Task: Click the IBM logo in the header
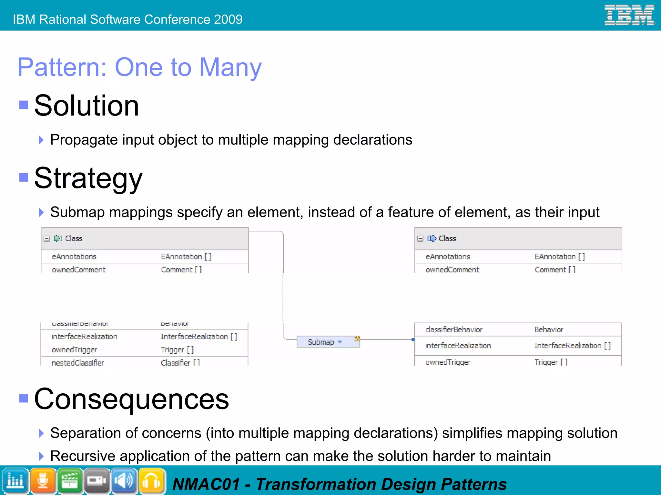pyautogui.click(x=629, y=15)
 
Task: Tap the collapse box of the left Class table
pyautogui.click(x=47, y=239)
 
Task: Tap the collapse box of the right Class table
pyautogui.click(x=420, y=239)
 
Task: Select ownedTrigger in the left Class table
pyautogui.click(x=75, y=350)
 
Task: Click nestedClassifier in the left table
pyautogui.click(x=78, y=363)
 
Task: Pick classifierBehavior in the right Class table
pyautogui.click(x=454, y=329)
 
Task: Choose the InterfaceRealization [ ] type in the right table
pyautogui.click(x=572, y=346)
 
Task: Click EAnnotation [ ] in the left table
pyautogui.click(x=186, y=257)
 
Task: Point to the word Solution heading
pyautogui.click(x=86, y=106)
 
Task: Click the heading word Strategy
pyautogui.click(x=88, y=178)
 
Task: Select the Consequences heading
pyautogui.click(x=131, y=399)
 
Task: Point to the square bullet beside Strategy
pyautogui.click(x=24, y=177)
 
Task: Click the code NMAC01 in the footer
pyautogui.click(x=206, y=484)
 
